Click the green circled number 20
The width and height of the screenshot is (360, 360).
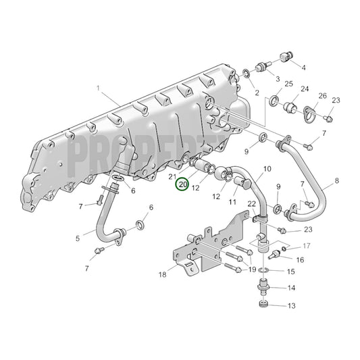tap(182, 184)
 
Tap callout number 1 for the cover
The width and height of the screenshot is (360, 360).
tap(98, 88)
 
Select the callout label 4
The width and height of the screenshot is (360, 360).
tap(303, 68)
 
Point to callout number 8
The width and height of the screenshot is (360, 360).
tap(336, 182)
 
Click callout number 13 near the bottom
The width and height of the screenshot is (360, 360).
tap(292, 306)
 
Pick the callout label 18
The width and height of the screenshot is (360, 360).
tap(162, 275)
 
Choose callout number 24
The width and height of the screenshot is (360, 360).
tap(305, 89)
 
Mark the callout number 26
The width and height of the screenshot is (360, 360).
tap(322, 96)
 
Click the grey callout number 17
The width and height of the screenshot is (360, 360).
tap(306, 246)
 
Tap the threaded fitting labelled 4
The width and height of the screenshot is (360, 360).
tap(286, 58)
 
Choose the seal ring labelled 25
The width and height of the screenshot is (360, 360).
tap(274, 101)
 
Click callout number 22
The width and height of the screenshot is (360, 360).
tap(251, 203)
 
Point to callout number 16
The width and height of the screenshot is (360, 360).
tap(300, 259)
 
